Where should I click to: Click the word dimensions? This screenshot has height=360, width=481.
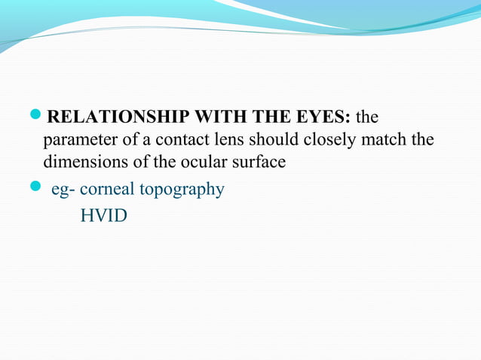click(x=81, y=162)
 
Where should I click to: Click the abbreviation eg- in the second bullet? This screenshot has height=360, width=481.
click(x=63, y=189)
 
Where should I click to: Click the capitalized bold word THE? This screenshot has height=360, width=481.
click(x=275, y=118)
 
